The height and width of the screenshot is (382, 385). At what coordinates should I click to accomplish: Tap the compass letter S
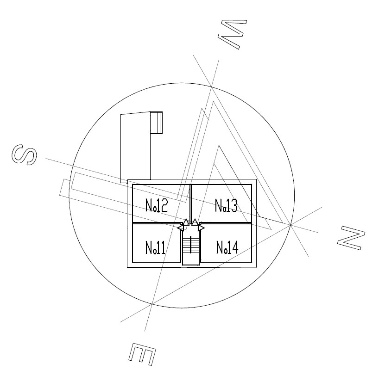[24, 154]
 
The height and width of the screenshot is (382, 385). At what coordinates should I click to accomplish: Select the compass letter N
[351, 238]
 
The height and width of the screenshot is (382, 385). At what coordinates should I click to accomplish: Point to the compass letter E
[142, 354]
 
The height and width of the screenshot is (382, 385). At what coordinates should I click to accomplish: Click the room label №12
[157, 205]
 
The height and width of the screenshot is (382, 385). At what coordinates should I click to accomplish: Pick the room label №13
[226, 205]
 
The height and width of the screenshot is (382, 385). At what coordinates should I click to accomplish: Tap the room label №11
[155, 247]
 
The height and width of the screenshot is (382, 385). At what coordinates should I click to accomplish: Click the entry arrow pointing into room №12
[186, 222]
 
